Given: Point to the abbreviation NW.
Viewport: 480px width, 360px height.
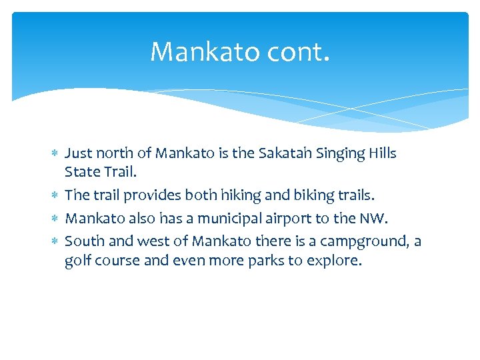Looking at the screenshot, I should point(373,217).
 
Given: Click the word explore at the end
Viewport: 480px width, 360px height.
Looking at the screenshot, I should point(334,261).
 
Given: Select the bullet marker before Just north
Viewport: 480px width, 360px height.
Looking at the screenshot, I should point(55,154).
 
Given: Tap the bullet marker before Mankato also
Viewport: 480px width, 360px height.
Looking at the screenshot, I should point(55,218).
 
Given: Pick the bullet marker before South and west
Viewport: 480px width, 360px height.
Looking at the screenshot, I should point(55,240).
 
